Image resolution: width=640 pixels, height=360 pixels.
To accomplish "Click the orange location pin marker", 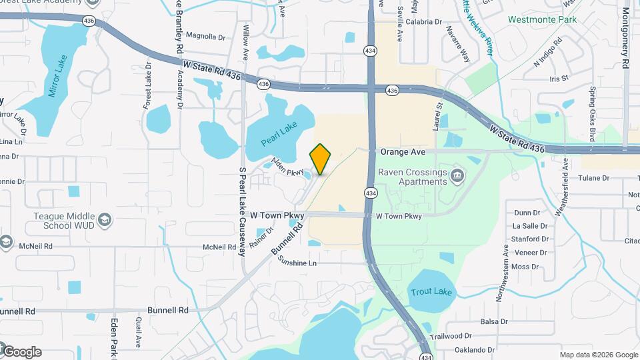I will point(320,159).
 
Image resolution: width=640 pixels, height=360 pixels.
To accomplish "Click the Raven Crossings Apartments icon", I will point(457,176).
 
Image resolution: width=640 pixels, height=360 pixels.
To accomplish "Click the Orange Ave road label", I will point(403,152).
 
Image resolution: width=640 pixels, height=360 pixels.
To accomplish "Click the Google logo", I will point(21,352).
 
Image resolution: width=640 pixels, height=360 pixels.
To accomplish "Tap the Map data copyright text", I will point(598,355).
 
